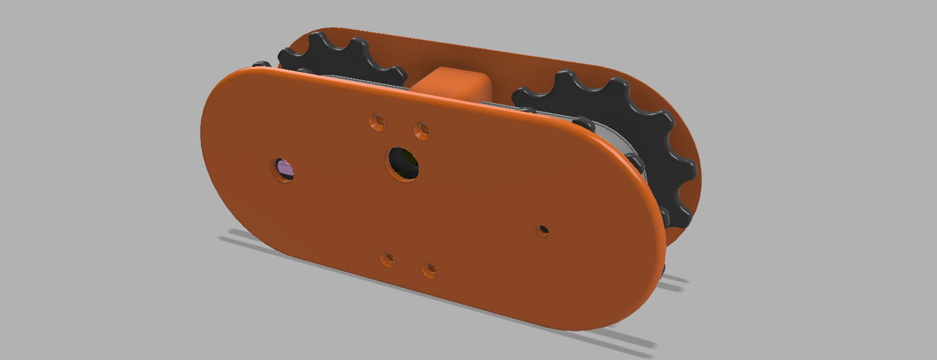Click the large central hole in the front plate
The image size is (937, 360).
(x=403, y=163)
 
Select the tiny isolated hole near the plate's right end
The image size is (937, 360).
(x=544, y=230)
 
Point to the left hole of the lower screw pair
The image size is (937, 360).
(x=388, y=259)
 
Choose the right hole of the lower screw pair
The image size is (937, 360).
(x=430, y=270)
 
